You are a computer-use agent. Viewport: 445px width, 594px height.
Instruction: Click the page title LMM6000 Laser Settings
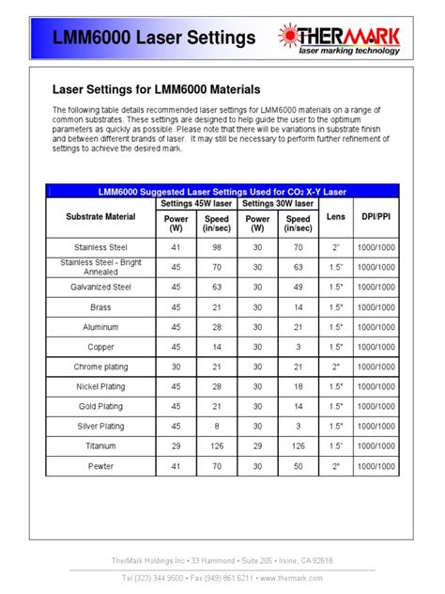[x=152, y=39]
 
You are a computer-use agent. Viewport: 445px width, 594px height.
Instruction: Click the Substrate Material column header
[x=102, y=216]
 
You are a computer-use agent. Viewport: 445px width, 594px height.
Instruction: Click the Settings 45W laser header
[x=196, y=203]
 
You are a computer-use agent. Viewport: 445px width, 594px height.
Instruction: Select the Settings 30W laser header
[x=278, y=203]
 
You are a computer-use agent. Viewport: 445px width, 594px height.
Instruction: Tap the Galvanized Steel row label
[x=102, y=286]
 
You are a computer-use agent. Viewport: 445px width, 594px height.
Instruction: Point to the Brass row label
[x=102, y=306]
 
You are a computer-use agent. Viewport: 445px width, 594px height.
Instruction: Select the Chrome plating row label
[x=102, y=367]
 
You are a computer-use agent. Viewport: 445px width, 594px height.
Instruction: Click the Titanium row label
[x=102, y=445]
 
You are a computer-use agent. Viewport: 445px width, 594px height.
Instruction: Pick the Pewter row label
[x=102, y=466]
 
